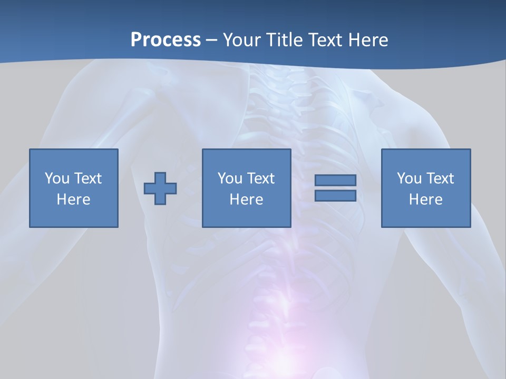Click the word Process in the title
coord(166,39)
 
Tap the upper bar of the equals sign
coord(335,181)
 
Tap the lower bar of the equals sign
coord(335,195)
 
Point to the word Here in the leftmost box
coord(73,200)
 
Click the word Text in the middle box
coord(261,178)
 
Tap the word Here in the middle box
coord(246,200)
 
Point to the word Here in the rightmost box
coord(425,200)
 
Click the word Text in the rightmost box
coord(440,178)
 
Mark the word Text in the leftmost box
coord(88,178)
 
